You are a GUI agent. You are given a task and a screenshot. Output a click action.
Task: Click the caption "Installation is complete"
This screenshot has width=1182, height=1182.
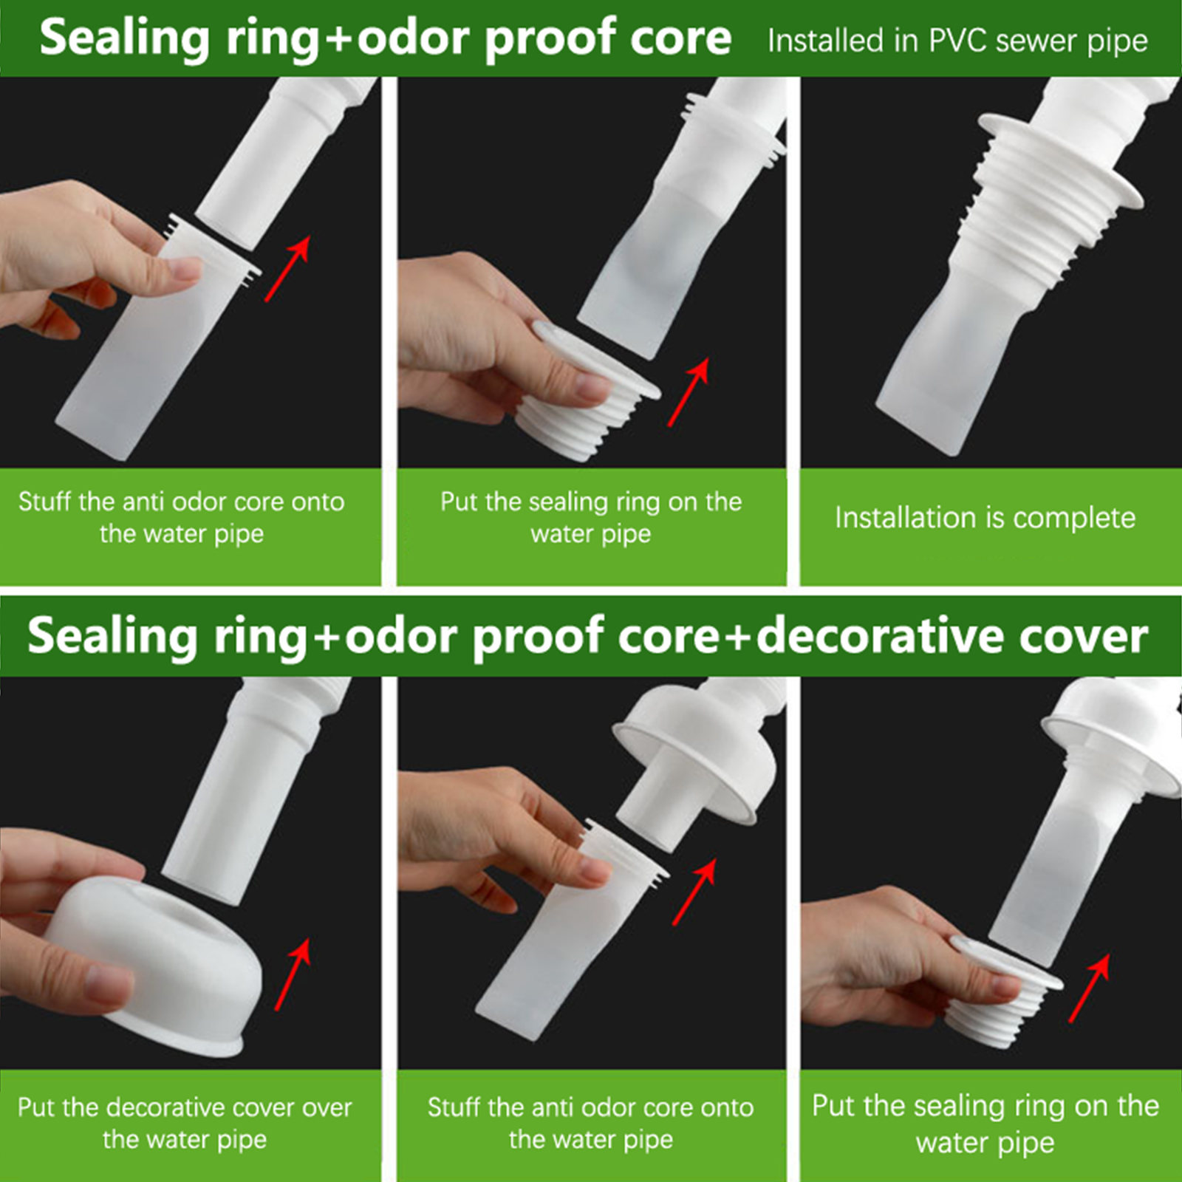pyautogui.click(x=985, y=518)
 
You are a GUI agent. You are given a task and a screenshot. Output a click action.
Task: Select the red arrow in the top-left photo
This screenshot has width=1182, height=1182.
pyautogui.click(x=287, y=269)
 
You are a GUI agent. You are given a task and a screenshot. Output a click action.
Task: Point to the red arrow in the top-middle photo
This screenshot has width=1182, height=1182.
pyautogui.click(x=689, y=392)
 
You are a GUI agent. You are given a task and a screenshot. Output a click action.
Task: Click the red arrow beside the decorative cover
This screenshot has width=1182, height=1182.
pyautogui.click(x=293, y=974)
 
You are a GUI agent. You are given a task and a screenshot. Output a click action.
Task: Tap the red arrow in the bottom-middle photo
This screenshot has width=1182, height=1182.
pyautogui.click(x=694, y=892)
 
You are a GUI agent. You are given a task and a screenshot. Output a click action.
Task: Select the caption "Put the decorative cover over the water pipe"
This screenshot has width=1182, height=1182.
pyautogui.click(x=185, y=1123)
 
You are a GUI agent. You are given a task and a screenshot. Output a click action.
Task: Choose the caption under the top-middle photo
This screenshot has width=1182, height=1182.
pyautogui.click(x=591, y=517)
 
